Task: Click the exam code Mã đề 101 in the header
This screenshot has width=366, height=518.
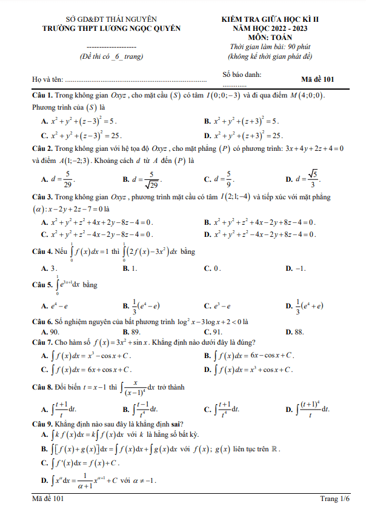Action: (x=317, y=79)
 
